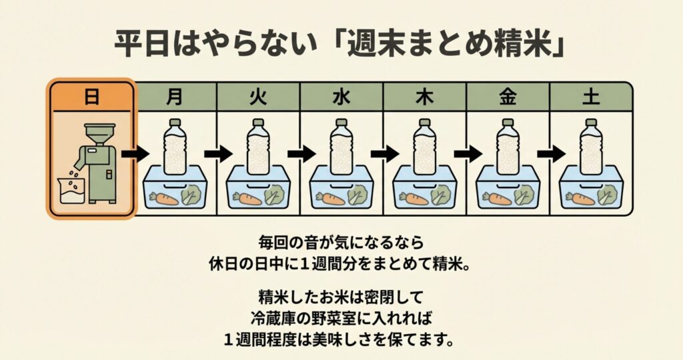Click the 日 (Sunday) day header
click(x=91, y=97)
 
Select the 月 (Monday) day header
click(x=175, y=97)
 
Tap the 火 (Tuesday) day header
click(x=258, y=97)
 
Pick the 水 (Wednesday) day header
click(x=341, y=97)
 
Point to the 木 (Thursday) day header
click(x=424, y=97)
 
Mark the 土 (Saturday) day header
click(x=590, y=97)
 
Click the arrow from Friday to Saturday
click(x=550, y=154)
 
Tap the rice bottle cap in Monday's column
click(x=175, y=123)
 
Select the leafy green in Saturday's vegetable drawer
click(x=606, y=195)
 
